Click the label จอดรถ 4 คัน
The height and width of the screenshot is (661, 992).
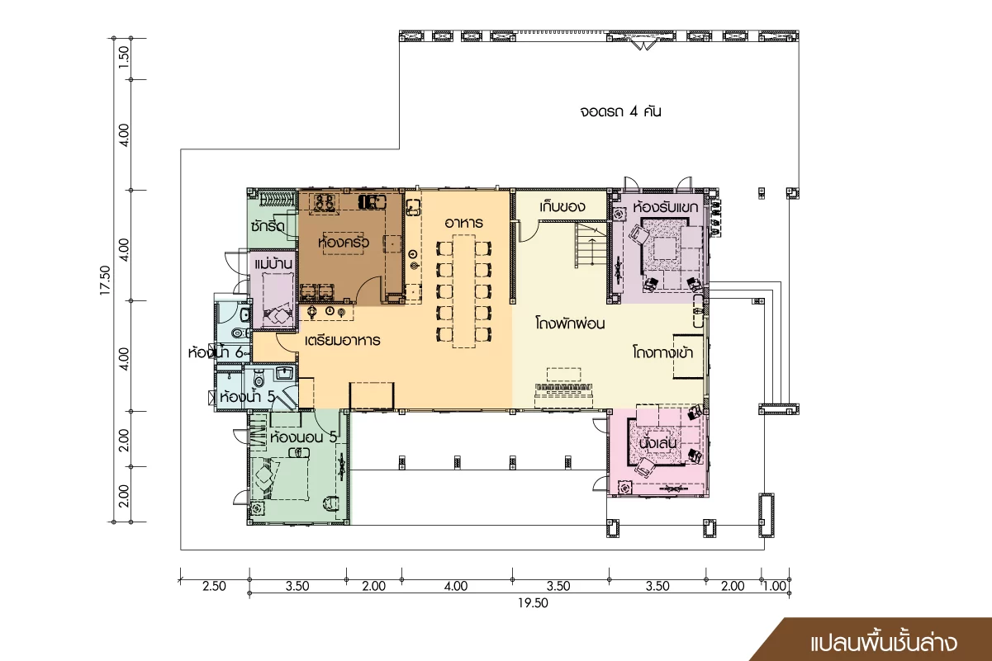pos(620,111)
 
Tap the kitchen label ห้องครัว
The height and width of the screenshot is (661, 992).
pos(344,242)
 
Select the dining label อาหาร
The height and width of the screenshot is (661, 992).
pos(463,223)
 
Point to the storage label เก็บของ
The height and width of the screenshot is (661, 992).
pos(562,206)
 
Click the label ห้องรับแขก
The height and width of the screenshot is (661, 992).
pos(665,206)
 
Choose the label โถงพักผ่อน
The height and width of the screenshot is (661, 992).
pos(570,323)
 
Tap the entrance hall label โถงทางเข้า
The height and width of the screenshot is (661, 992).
pos(663,352)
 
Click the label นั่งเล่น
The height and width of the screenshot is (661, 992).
pos(657,442)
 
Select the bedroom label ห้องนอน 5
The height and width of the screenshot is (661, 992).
pos(303,437)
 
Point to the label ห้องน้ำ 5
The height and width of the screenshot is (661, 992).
pos(248,396)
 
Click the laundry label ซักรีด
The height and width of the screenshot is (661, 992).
pos(268,226)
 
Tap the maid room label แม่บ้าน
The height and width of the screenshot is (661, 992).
pos(273,264)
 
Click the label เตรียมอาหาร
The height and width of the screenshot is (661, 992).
pos(342,340)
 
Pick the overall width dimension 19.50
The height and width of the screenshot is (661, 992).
pos(534,603)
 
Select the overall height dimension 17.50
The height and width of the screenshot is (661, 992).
pos(105,280)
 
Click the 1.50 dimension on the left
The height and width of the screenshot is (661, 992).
pos(124,57)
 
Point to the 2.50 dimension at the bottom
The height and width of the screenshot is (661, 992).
pos(215,586)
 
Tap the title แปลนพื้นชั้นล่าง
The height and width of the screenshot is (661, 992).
pos(884,644)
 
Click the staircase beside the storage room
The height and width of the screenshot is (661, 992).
pos(591,244)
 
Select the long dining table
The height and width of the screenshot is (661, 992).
pos(463,291)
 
